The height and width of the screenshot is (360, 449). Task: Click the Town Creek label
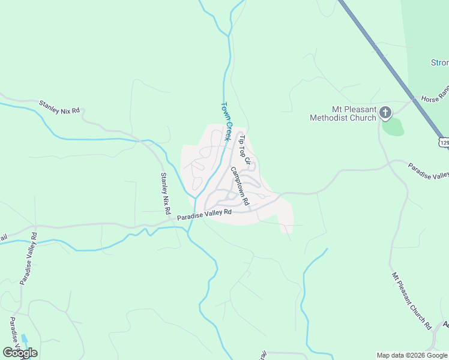(227, 121)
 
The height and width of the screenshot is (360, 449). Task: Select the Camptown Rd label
(240, 187)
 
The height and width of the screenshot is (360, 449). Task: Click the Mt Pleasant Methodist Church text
(343, 114)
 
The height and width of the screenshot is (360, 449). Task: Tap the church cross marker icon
(385, 113)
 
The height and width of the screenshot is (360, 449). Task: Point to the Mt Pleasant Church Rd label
(412, 300)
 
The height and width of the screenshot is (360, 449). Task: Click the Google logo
(20, 353)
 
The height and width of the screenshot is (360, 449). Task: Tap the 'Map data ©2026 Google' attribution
(412, 355)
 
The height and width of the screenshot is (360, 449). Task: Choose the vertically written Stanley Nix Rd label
(164, 194)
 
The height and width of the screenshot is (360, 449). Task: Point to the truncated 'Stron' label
(439, 62)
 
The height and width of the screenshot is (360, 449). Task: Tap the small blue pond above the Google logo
(24, 340)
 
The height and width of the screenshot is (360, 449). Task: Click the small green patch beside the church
(393, 127)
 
